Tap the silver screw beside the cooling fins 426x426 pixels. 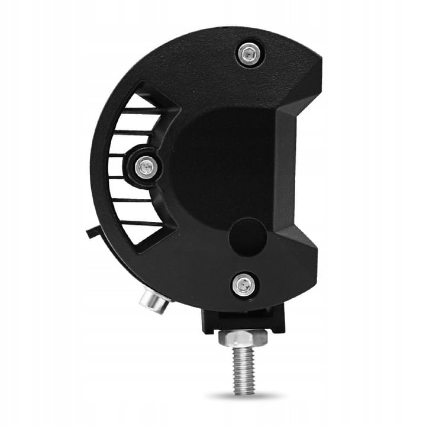click(x=145, y=168)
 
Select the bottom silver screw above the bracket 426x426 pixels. click(x=243, y=285)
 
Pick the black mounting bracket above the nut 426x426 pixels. click(x=243, y=320)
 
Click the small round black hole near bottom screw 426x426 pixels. click(x=248, y=237)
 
